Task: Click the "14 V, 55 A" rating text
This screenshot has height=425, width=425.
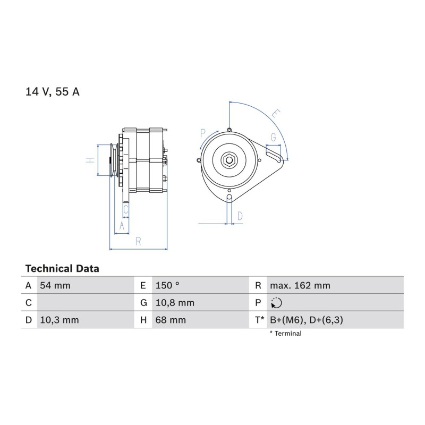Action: point(52,91)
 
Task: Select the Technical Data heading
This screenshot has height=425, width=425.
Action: point(62,269)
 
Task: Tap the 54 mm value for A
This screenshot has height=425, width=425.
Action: point(55,285)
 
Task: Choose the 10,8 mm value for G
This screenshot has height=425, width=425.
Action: point(175,303)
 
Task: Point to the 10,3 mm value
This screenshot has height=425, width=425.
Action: point(59,320)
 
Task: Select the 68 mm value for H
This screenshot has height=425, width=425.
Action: point(171,320)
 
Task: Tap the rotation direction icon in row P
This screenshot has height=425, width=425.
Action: point(276,303)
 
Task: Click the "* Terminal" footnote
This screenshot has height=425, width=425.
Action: point(285,334)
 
